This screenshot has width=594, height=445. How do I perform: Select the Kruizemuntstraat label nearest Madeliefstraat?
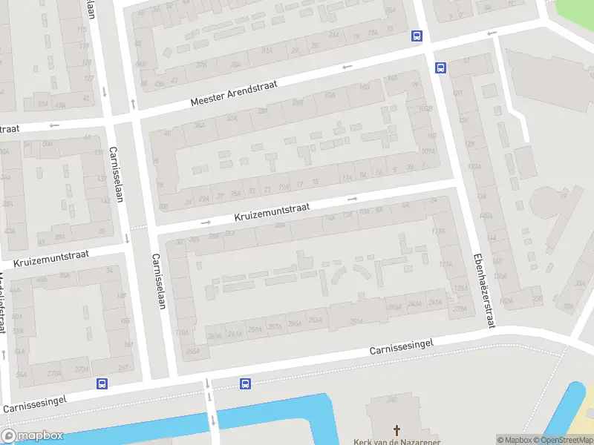tap(50, 259)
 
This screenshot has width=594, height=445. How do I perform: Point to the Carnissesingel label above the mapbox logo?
tap(35, 403)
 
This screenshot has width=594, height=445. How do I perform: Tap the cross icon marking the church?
tap(396, 430)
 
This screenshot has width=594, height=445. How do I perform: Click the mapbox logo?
tap(33, 436)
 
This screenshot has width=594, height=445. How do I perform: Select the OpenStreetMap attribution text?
tap(565, 440)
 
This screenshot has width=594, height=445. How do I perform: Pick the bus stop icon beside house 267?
tap(101, 383)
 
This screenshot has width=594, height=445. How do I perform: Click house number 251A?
tap(356, 321)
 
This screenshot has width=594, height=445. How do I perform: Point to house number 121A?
tap(446, 264)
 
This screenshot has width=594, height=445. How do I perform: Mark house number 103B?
tap(425, 110)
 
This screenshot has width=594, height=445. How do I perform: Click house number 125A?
tap(460, 288)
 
